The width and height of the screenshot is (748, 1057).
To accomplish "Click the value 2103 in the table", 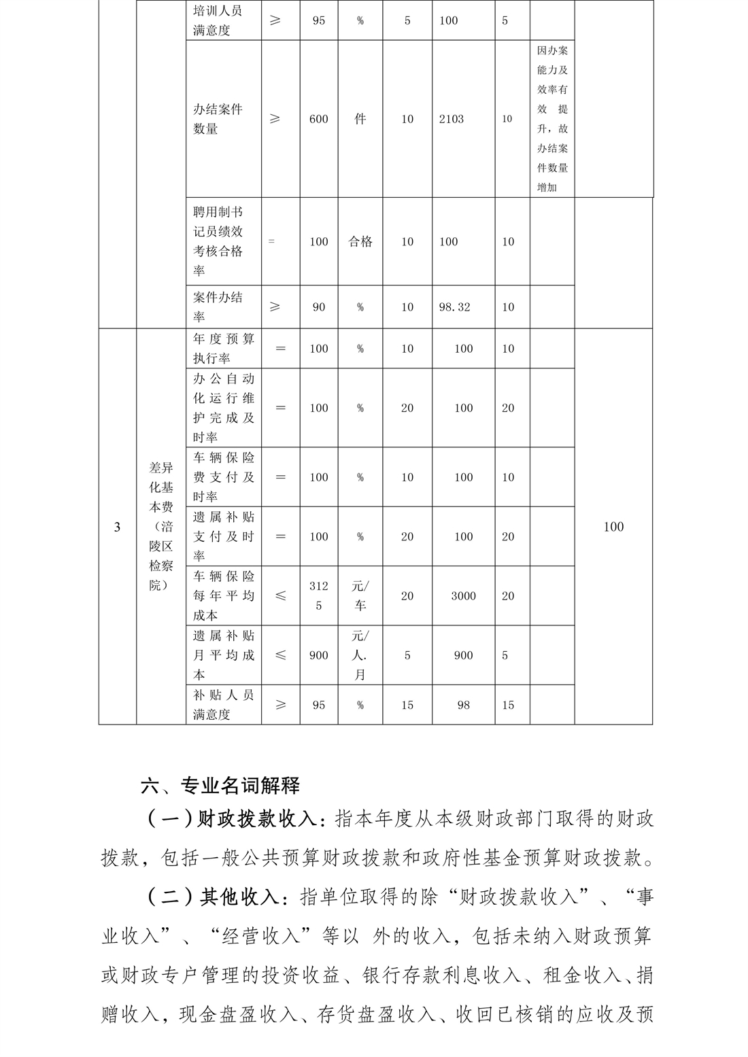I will [451, 119].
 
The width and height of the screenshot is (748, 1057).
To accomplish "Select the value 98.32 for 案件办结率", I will [454, 307].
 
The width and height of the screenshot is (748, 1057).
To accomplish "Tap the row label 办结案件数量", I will [218, 119].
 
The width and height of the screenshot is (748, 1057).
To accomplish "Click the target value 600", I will [318, 119].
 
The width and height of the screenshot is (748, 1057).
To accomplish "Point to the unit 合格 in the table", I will [360, 242].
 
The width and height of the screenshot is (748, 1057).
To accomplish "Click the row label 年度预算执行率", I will [223, 348].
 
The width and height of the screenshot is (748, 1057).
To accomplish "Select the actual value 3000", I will [463, 596].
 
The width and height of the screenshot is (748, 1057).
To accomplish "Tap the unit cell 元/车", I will [360, 595].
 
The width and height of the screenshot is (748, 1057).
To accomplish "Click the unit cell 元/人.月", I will [360, 655].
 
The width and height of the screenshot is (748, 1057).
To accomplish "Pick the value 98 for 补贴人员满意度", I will [463, 706].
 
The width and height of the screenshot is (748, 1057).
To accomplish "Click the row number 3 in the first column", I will [117, 527].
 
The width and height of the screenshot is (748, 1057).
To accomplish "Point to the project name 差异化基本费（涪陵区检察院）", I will [161, 526].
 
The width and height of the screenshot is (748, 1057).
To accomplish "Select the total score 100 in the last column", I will [613, 527].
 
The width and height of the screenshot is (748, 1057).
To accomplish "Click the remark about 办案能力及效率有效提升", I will [552, 119].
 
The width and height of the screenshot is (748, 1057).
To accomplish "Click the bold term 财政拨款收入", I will [256, 819].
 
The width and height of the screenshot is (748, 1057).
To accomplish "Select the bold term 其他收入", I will [239, 897].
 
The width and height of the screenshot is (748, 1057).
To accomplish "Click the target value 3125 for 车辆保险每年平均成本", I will [318, 595].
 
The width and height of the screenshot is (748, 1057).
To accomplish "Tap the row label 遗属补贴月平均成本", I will [223, 655].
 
